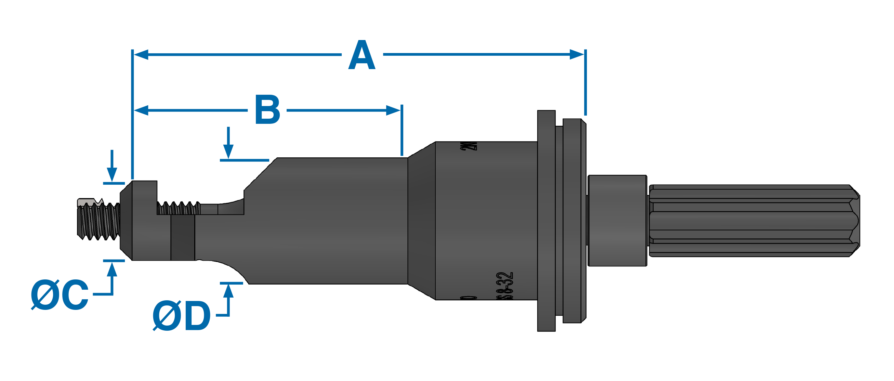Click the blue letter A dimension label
tap(361, 55)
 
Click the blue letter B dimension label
tap(267, 110)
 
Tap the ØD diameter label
tap(182, 315)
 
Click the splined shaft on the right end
tap(753, 221)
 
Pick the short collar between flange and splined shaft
tap(617, 221)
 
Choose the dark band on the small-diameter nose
tap(183, 238)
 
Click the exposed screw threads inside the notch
tap(179, 208)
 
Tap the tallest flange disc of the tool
tap(546, 221)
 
